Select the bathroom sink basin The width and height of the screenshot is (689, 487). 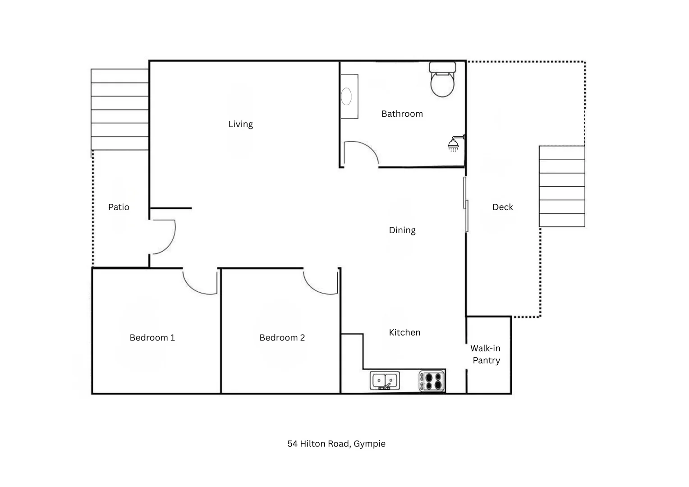pyautogui.click(x=346, y=96)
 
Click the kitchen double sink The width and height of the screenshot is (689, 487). pyautogui.click(x=385, y=381)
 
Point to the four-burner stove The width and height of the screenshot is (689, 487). pyautogui.click(x=432, y=381)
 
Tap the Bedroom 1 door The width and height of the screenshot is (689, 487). pyautogui.click(x=200, y=282)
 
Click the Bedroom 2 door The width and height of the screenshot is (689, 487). pyautogui.click(x=321, y=282)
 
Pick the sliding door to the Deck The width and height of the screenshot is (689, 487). pyautogui.click(x=466, y=204)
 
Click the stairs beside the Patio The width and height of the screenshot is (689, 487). pyautogui.click(x=120, y=110)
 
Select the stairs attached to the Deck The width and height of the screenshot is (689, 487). pyautogui.click(x=562, y=186)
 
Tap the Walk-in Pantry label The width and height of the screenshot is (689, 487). pyautogui.click(x=486, y=354)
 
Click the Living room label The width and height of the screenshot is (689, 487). pyautogui.click(x=240, y=124)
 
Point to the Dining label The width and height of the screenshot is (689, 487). pyautogui.click(x=402, y=230)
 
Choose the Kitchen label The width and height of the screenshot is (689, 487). pyautogui.click(x=404, y=333)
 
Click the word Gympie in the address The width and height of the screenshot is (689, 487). pyautogui.click(x=369, y=444)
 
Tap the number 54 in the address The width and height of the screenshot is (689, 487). pyautogui.click(x=292, y=444)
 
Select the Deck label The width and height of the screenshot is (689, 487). pyautogui.click(x=502, y=207)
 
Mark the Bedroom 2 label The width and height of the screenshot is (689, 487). pyautogui.click(x=282, y=338)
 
